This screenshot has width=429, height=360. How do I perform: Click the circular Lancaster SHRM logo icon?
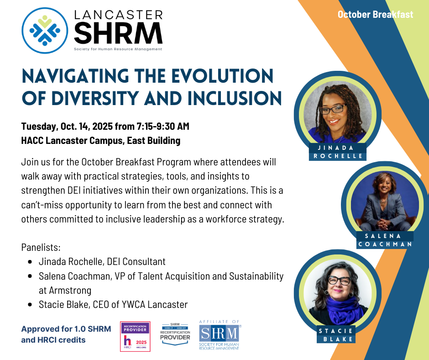[x=45, y=31]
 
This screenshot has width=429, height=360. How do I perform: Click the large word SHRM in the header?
[x=118, y=33]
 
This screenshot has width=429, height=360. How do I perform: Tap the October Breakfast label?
[x=375, y=14]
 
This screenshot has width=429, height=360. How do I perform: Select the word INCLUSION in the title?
[x=235, y=98]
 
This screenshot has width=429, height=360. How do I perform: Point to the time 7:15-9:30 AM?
[x=163, y=126]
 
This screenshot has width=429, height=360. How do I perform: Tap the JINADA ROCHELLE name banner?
[x=338, y=152]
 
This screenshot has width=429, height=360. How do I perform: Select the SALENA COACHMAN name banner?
[x=385, y=240]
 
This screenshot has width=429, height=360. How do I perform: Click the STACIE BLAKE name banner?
[x=336, y=335]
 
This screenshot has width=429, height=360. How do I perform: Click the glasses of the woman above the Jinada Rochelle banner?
[x=332, y=108]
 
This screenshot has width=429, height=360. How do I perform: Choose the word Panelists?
[x=41, y=247]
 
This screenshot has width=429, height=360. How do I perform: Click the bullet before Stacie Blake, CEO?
[x=30, y=304]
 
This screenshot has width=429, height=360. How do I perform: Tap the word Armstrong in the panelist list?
[x=70, y=291]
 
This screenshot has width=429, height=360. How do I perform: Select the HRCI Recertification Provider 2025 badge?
[x=135, y=336]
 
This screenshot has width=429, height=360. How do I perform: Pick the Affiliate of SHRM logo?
[x=220, y=335]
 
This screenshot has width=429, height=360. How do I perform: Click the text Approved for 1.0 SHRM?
[x=66, y=329]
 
